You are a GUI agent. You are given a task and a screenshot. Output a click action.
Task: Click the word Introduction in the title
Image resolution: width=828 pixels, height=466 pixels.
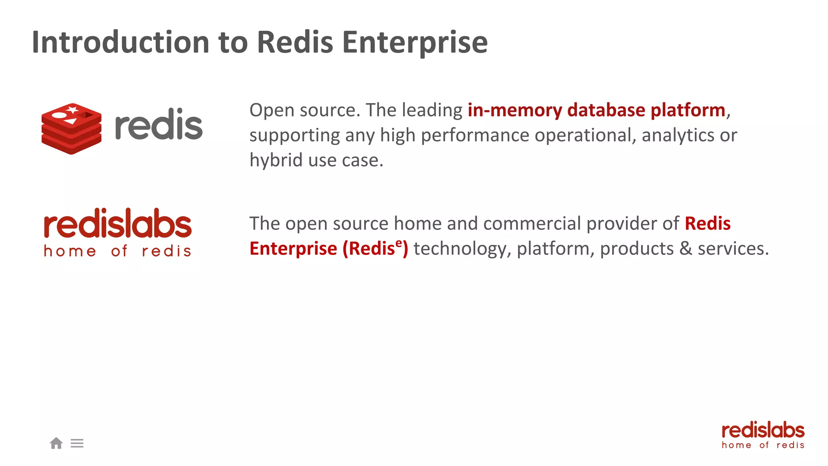tap(120, 42)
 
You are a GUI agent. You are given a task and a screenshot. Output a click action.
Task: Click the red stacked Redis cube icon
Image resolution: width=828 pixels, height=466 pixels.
tap(72, 129)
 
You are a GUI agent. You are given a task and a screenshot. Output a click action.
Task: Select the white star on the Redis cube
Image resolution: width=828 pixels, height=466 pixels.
tap(73, 109)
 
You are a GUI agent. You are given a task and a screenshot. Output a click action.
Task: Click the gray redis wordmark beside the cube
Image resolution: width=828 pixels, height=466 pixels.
tap(158, 125)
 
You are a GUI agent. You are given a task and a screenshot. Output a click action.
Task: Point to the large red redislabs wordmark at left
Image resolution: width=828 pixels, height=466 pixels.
tap(118, 223)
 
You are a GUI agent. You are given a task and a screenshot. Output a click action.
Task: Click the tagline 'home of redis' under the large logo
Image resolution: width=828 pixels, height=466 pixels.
tap(118, 251)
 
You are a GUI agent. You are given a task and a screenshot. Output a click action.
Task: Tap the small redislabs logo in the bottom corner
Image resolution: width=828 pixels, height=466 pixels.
tap(763, 435)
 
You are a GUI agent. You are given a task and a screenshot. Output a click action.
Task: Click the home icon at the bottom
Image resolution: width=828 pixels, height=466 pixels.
tap(56, 443)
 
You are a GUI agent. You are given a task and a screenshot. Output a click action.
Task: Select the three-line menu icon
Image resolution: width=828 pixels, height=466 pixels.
tap(77, 443)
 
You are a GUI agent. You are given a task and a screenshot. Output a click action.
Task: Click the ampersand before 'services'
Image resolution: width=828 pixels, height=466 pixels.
tap(686, 248)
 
